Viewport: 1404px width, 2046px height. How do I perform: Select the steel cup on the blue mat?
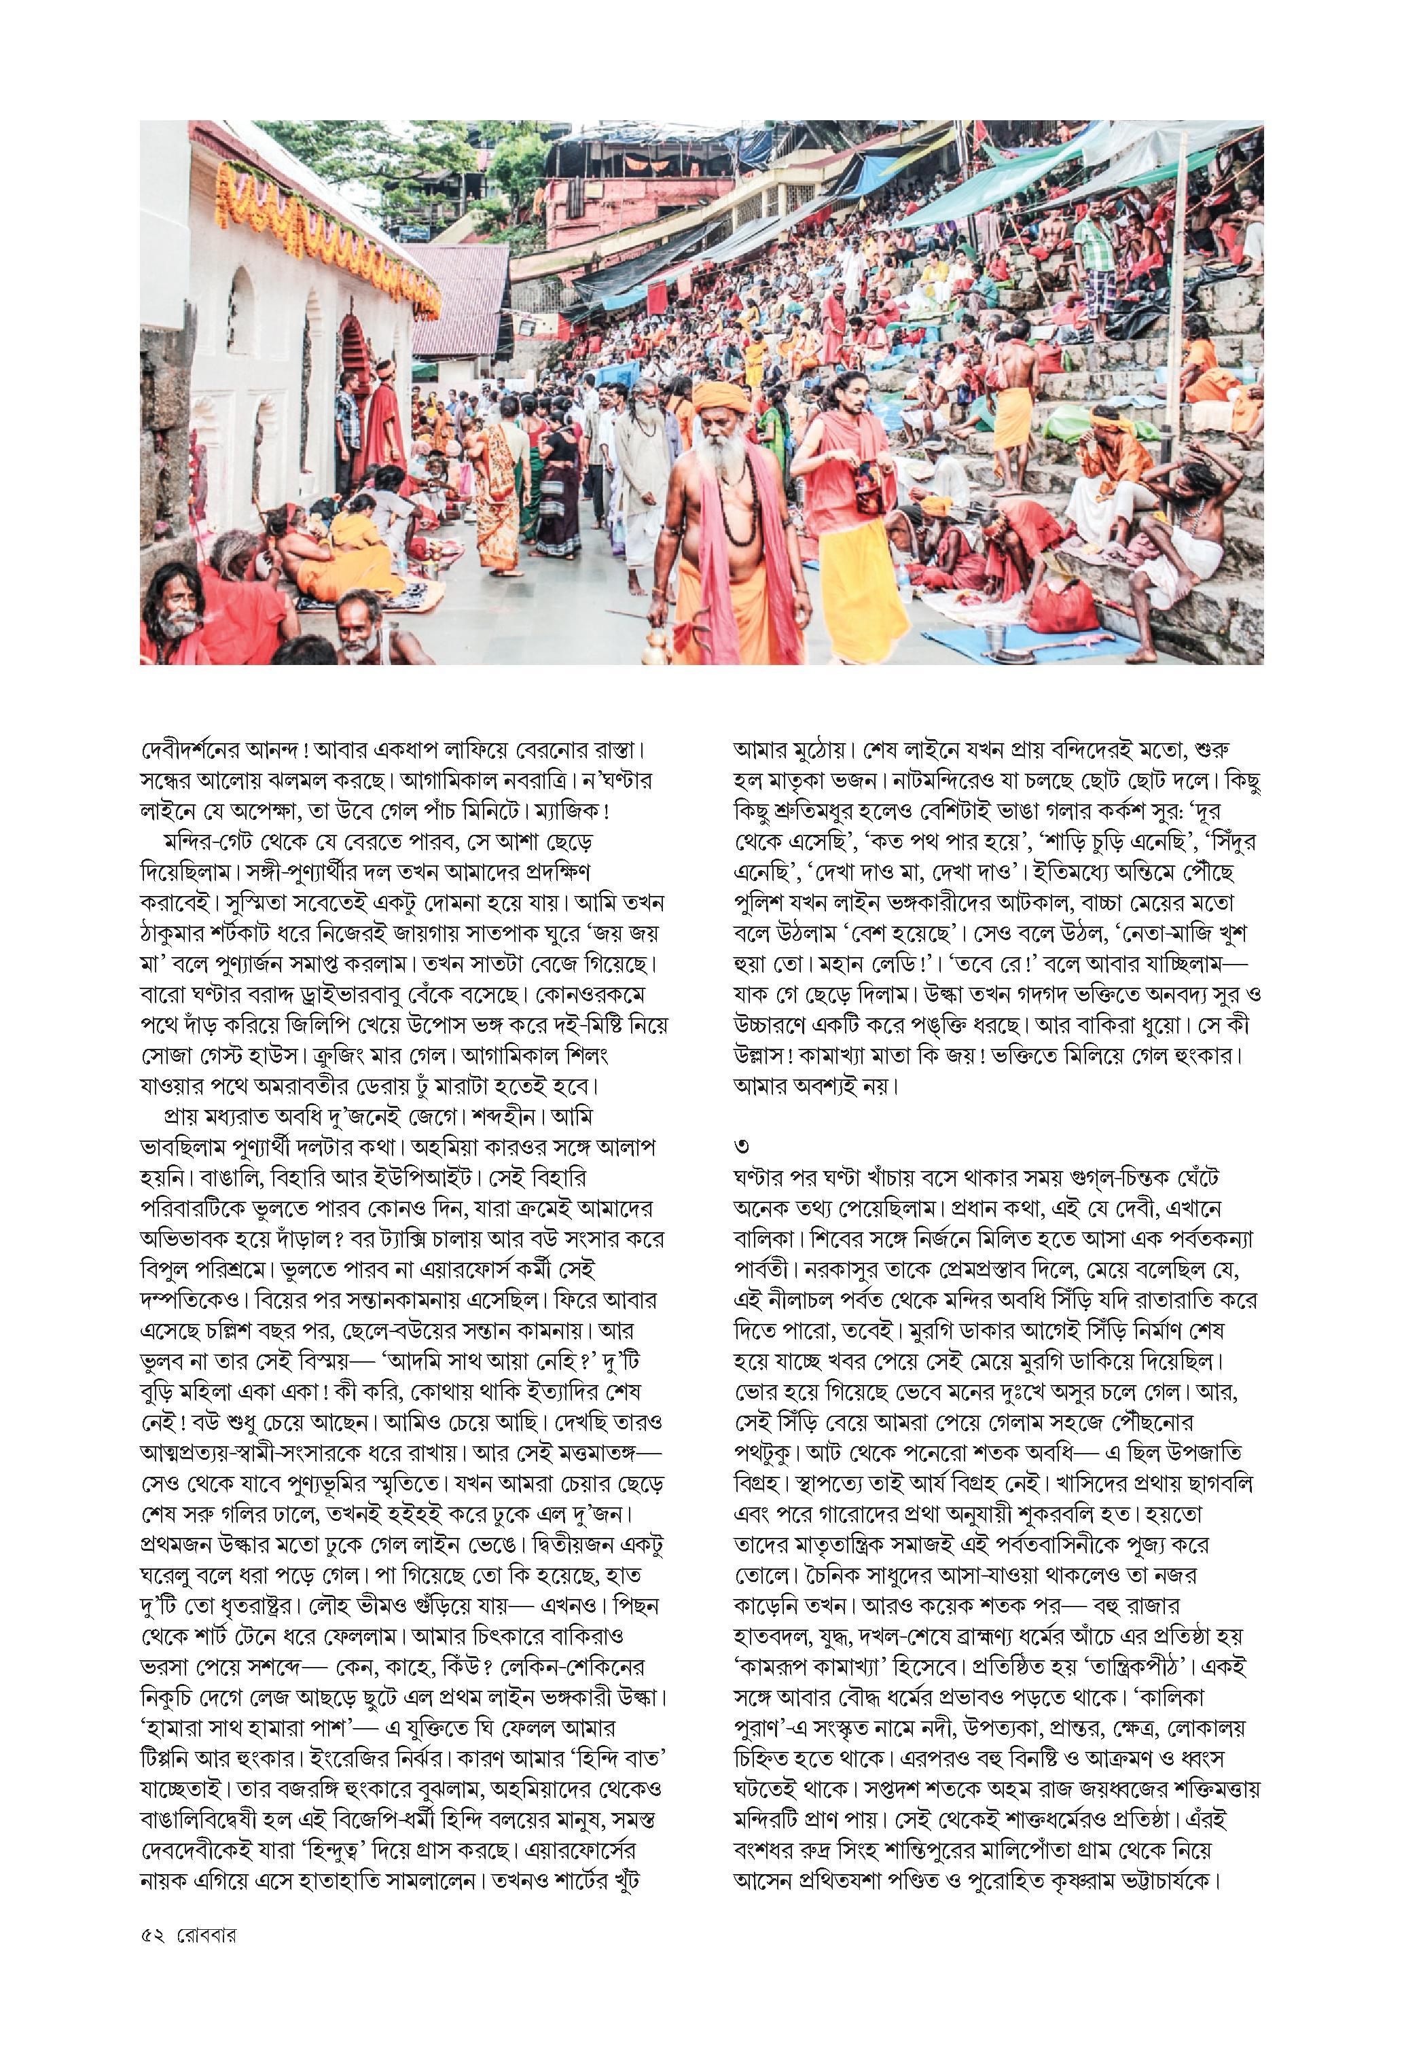(x=996, y=636)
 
